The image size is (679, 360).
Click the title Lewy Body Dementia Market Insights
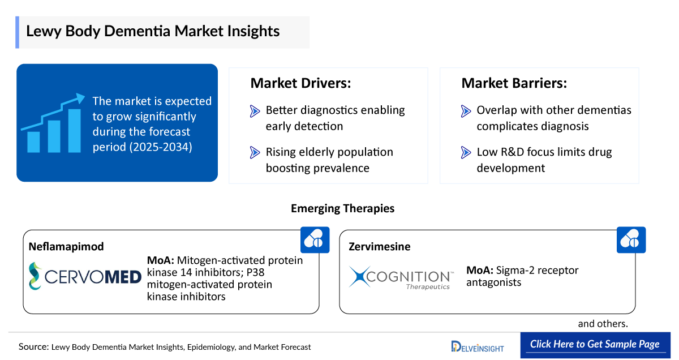[153, 31]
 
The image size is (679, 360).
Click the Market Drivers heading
[300, 83]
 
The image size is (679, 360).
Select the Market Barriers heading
[514, 83]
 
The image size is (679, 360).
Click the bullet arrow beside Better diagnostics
[255, 111]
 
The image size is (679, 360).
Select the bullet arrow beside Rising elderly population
[255, 153]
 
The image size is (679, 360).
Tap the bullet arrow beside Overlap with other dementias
[466, 111]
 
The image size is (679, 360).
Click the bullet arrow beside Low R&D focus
[466, 153]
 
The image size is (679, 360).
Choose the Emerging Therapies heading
[342, 208]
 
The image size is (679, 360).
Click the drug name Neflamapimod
[66, 247]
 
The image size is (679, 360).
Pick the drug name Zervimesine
[379, 247]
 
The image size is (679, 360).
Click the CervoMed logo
[85, 276]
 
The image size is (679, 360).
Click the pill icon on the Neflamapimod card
[315, 239]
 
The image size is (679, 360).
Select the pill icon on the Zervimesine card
[630, 239]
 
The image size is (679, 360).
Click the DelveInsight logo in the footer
[477, 346]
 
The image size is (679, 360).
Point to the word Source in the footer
[33, 346]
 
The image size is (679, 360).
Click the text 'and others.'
[603, 324]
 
